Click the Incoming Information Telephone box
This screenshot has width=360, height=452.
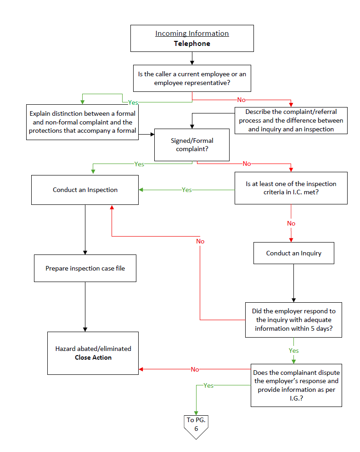tap(192, 38)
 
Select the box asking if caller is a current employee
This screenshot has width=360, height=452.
tap(192, 78)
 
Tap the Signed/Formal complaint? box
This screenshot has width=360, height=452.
tap(192, 145)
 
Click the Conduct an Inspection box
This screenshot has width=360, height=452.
tap(85, 190)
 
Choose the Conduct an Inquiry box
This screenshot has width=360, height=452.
tap(293, 253)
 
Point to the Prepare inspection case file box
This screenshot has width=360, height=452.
tap(85, 268)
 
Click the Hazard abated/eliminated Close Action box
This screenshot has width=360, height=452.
tap(93, 353)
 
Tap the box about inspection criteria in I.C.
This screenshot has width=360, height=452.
tap(291, 188)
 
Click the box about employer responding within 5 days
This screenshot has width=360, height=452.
tap(293, 320)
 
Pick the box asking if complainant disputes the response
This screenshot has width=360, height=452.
tap(296, 385)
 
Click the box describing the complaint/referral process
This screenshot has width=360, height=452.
tap(291, 120)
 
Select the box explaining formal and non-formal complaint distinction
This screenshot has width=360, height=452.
tap(82, 122)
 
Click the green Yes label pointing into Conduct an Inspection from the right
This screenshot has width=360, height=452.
tap(186, 190)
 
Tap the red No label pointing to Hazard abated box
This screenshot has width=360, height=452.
tap(195, 369)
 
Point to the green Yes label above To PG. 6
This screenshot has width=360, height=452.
tap(208, 385)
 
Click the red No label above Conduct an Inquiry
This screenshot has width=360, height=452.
tap(291, 223)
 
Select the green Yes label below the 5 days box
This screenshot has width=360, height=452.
tap(294, 350)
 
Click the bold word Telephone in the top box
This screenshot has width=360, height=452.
tap(192, 44)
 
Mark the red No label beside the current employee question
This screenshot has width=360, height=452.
tap(241, 100)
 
